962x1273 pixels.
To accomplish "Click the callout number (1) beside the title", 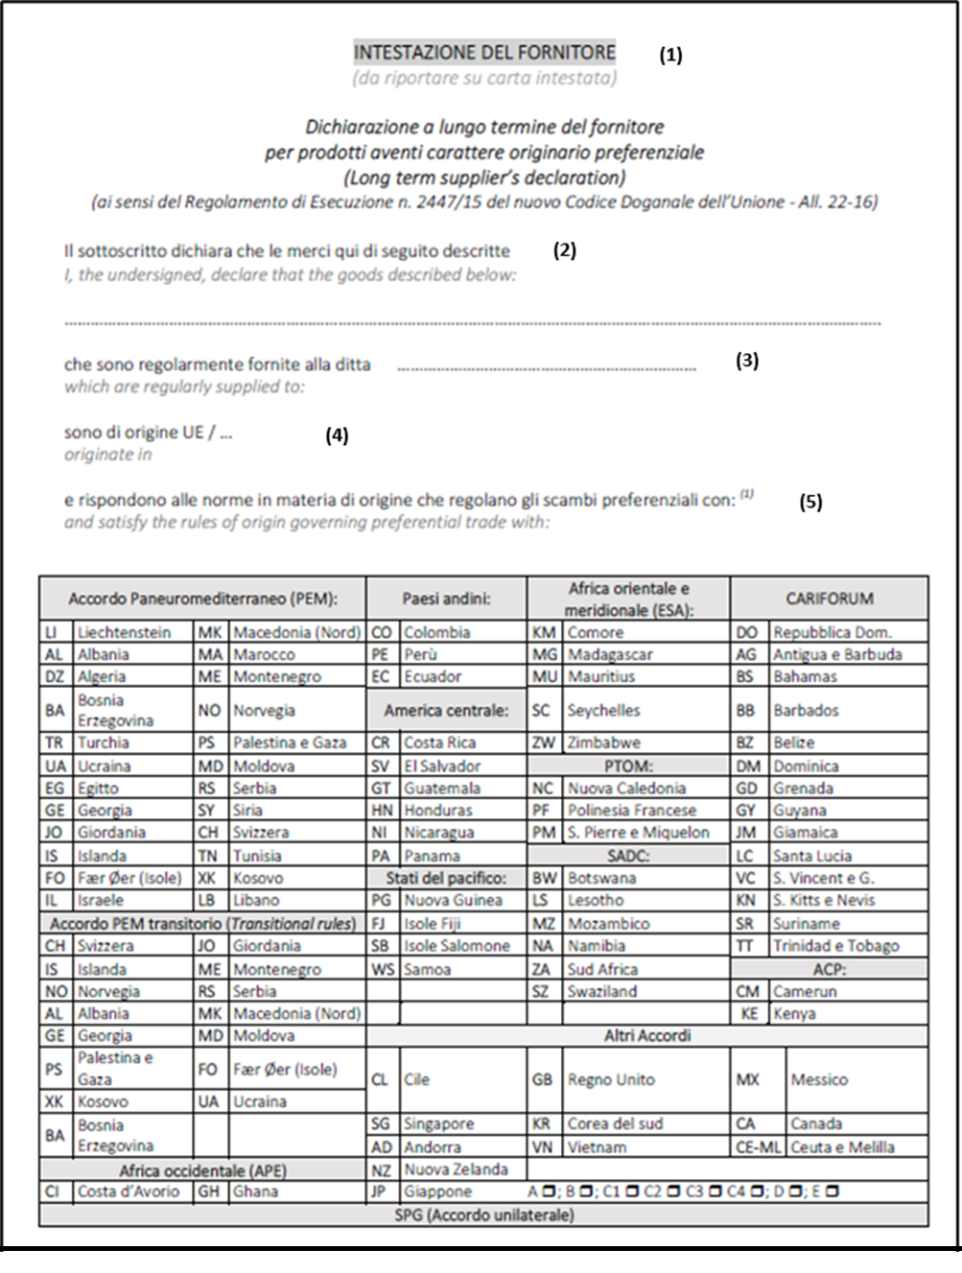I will click(670, 56).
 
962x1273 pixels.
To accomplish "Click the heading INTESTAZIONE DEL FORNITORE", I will click(484, 52).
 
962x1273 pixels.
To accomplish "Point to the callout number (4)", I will click(336, 436).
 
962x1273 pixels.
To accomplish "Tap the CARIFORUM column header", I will click(829, 599).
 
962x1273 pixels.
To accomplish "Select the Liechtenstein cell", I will click(124, 632).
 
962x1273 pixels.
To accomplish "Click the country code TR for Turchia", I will click(55, 743).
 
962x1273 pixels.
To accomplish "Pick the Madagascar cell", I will click(609, 654).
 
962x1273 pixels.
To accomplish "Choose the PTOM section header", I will click(628, 766).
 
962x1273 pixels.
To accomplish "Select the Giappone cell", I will click(438, 1191).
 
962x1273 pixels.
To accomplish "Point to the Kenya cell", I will click(794, 1013).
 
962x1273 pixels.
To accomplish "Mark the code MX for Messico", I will click(748, 1079).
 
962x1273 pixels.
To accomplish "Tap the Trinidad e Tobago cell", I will click(835, 946).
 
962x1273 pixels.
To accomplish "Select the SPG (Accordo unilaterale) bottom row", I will click(483, 1215).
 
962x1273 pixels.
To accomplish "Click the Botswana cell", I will click(601, 878).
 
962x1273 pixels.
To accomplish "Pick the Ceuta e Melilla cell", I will click(842, 1146).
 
